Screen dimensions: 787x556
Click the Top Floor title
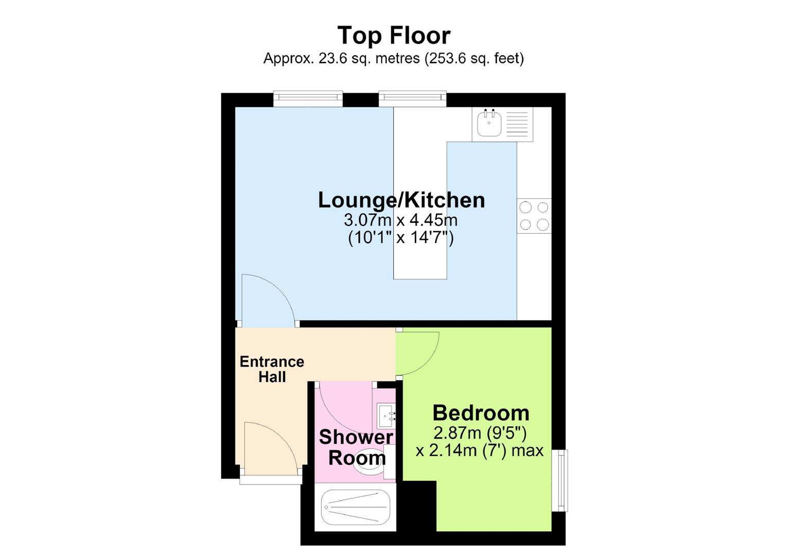(393, 36)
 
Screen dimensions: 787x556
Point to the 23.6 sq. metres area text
(369, 58)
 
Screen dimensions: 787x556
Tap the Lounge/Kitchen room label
(401, 200)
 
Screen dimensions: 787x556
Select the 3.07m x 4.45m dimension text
(400, 220)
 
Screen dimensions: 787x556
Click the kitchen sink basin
(488, 123)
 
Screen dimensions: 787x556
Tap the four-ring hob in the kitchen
(534, 216)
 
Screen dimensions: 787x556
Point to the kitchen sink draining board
(517, 124)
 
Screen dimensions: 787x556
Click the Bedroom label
(481, 413)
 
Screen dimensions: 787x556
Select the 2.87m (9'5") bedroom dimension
(480, 433)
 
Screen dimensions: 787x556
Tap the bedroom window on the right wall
(559, 480)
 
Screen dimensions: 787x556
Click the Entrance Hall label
(272, 369)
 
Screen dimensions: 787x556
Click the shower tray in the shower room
(355, 507)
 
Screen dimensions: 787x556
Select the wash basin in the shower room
(386, 416)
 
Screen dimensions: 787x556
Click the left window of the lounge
(308, 99)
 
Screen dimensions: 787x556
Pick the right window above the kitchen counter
(412, 99)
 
